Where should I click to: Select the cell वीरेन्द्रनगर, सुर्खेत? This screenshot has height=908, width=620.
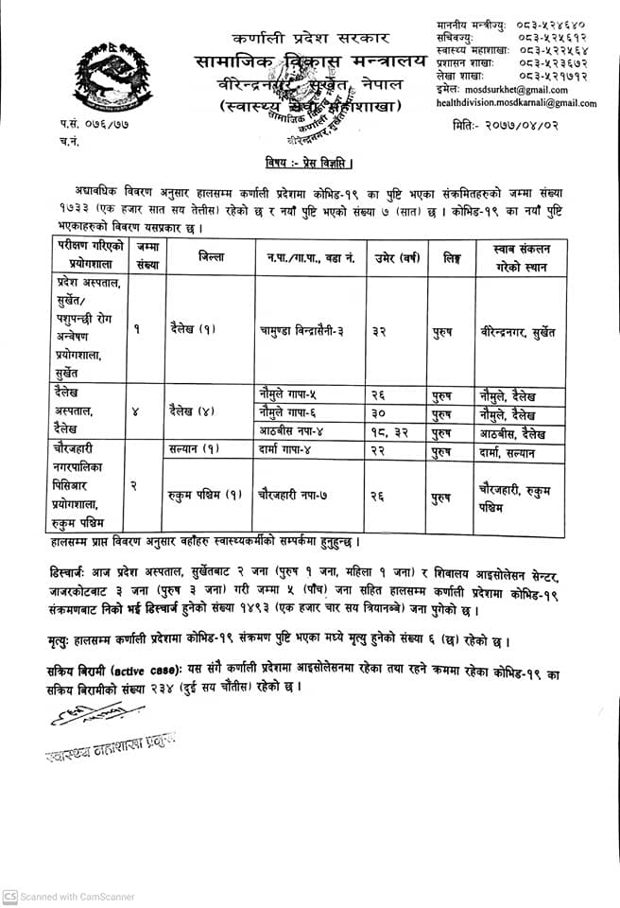pyautogui.click(x=516, y=331)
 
